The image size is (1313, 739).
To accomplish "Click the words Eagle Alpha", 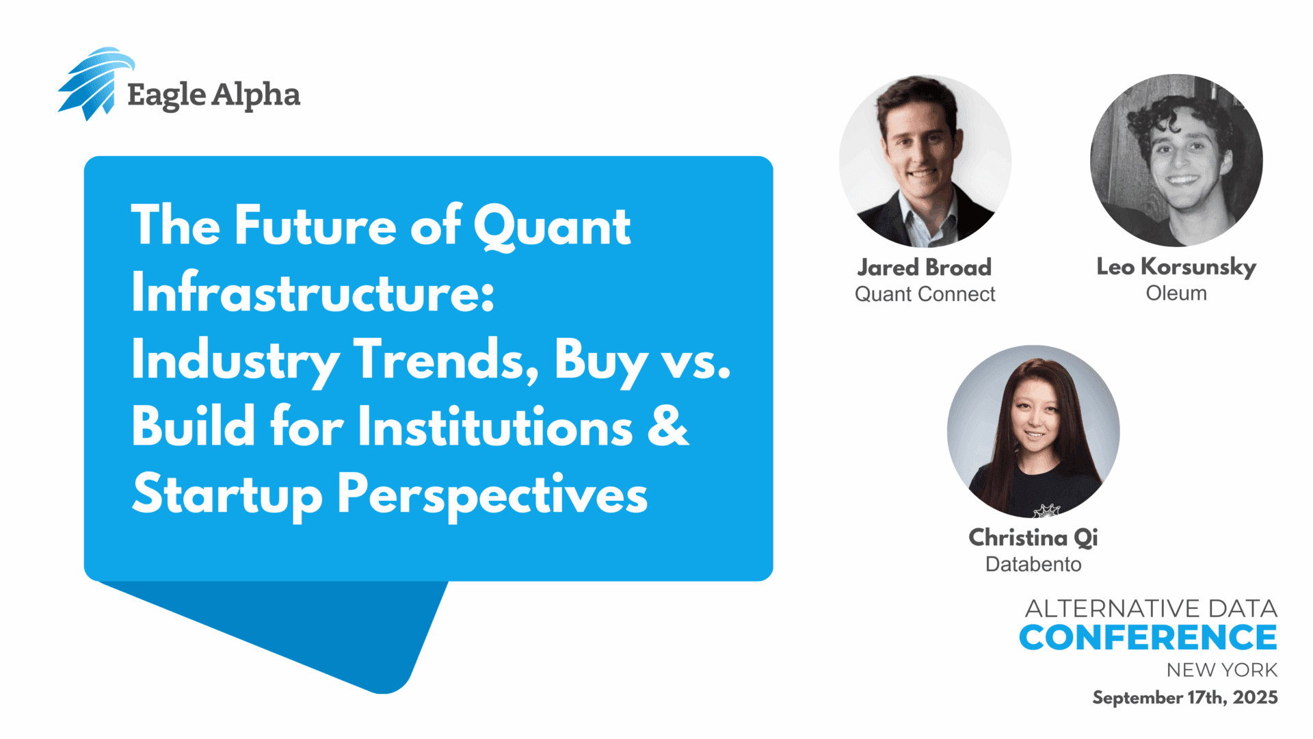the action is point(214,95).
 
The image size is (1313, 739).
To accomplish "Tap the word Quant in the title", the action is point(552,227).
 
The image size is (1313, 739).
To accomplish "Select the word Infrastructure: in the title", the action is point(313,292).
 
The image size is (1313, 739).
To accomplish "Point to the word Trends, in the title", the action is point(446,359).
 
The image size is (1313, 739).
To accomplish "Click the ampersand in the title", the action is point(667,426).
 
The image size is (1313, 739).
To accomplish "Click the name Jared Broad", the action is point(925,267).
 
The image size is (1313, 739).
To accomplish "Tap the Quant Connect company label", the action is point(925,294).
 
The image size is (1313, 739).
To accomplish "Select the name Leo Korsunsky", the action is point(1176,267).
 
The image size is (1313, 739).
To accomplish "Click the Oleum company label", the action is point(1176,293).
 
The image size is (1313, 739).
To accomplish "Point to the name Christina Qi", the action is point(1033,538).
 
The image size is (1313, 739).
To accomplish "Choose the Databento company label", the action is point(1033,564).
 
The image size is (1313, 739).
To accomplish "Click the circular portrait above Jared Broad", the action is point(925,161).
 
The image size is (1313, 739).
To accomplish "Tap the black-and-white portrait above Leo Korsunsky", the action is point(1176,160).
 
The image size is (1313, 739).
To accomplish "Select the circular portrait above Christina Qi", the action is point(1033,431).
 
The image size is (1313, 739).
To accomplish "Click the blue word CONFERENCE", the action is point(1148,638).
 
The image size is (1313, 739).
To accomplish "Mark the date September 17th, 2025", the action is point(1185,697).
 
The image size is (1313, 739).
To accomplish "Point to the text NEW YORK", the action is point(1222,670).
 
